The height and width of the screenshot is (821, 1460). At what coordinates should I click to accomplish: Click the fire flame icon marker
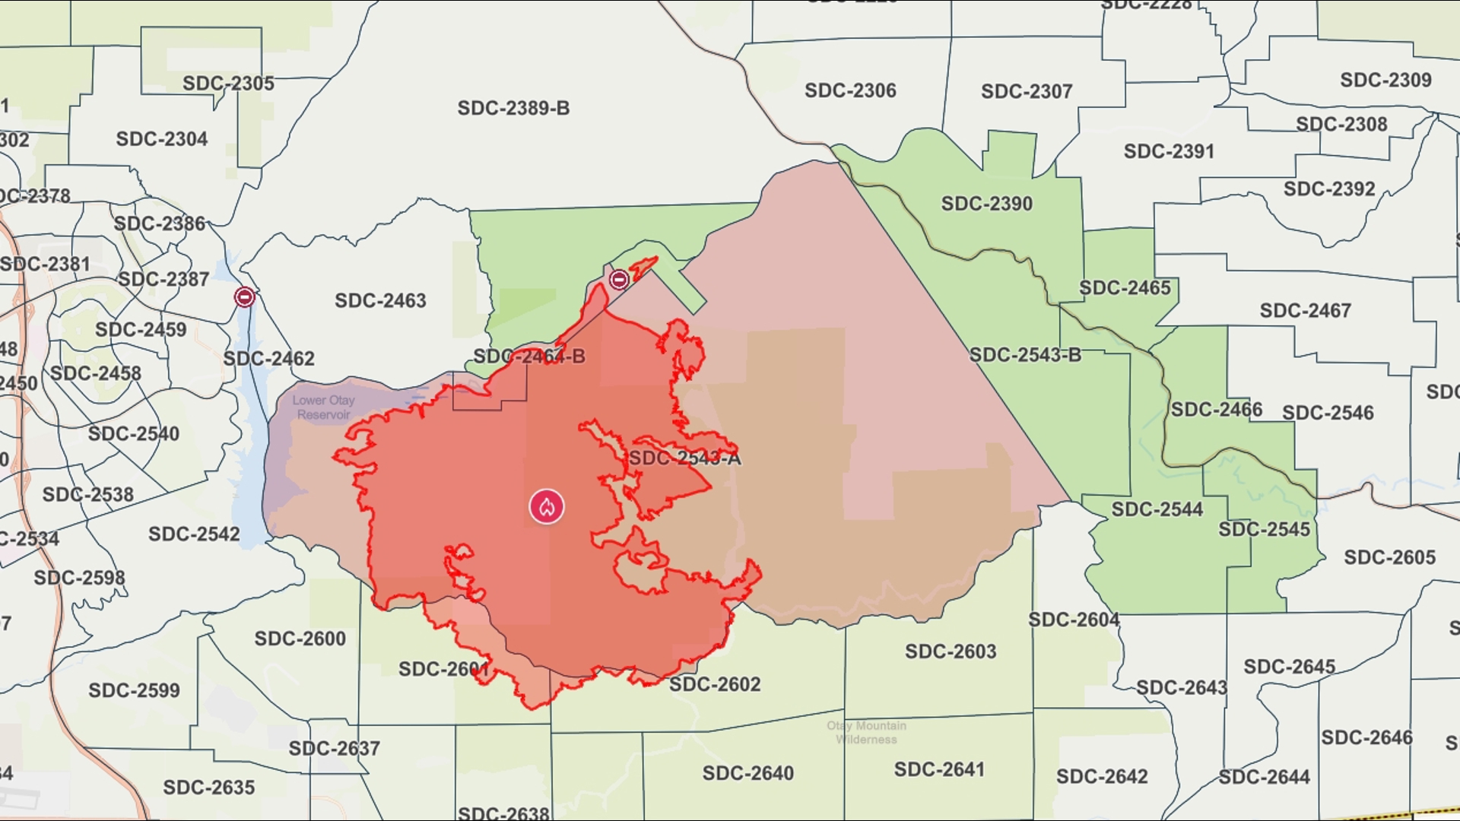(x=547, y=507)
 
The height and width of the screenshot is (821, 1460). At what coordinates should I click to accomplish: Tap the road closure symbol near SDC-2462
(x=244, y=297)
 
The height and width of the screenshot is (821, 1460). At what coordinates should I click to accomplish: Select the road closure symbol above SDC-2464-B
(x=619, y=280)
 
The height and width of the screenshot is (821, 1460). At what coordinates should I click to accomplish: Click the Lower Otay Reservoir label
(x=324, y=407)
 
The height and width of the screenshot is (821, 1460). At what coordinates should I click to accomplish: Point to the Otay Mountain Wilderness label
(x=866, y=733)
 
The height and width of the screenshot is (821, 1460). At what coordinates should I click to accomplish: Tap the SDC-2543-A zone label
(x=684, y=458)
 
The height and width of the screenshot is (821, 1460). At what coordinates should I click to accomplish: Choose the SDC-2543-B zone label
(x=1024, y=355)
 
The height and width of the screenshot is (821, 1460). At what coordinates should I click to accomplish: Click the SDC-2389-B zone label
(x=513, y=109)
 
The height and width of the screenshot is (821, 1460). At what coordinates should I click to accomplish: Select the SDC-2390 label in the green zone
(x=986, y=204)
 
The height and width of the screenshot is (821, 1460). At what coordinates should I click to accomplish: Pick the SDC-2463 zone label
(x=380, y=301)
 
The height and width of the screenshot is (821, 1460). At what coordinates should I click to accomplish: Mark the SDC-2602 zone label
(x=715, y=684)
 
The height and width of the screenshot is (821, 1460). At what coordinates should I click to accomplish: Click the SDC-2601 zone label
(x=444, y=669)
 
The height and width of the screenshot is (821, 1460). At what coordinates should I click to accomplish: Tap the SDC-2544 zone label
(x=1157, y=509)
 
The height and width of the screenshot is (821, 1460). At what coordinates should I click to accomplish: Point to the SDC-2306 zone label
(x=850, y=90)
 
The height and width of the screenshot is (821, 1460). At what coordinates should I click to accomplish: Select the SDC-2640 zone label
(x=747, y=773)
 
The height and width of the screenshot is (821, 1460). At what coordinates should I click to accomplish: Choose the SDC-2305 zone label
(x=228, y=84)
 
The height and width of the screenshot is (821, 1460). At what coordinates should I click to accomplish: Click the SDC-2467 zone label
(x=1305, y=311)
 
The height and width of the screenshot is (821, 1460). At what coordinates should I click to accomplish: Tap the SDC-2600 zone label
(x=300, y=639)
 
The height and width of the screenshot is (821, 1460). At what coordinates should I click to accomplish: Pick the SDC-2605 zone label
(x=1389, y=557)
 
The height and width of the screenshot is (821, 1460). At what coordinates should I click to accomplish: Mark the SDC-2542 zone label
(x=194, y=534)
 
